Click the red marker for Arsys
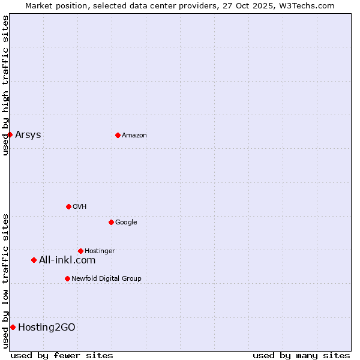click(10, 134)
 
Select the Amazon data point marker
click(118, 135)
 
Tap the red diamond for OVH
click(68, 206)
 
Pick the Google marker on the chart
click(111, 222)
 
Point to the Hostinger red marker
click(80, 251)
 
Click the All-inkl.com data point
click(34, 260)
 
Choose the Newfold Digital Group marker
click(67, 278)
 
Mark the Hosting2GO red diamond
click(13, 327)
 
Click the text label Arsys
click(28, 134)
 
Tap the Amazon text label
click(134, 135)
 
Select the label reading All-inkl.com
click(67, 260)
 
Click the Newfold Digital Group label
click(106, 278)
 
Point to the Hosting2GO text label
click(47, 327)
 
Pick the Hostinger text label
click(100, 251)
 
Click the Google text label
click(126, 222)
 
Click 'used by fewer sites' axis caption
click(62, 355)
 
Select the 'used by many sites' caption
click(301, 355)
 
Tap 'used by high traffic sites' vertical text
click(5, 85)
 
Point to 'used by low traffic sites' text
click(5, 281)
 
